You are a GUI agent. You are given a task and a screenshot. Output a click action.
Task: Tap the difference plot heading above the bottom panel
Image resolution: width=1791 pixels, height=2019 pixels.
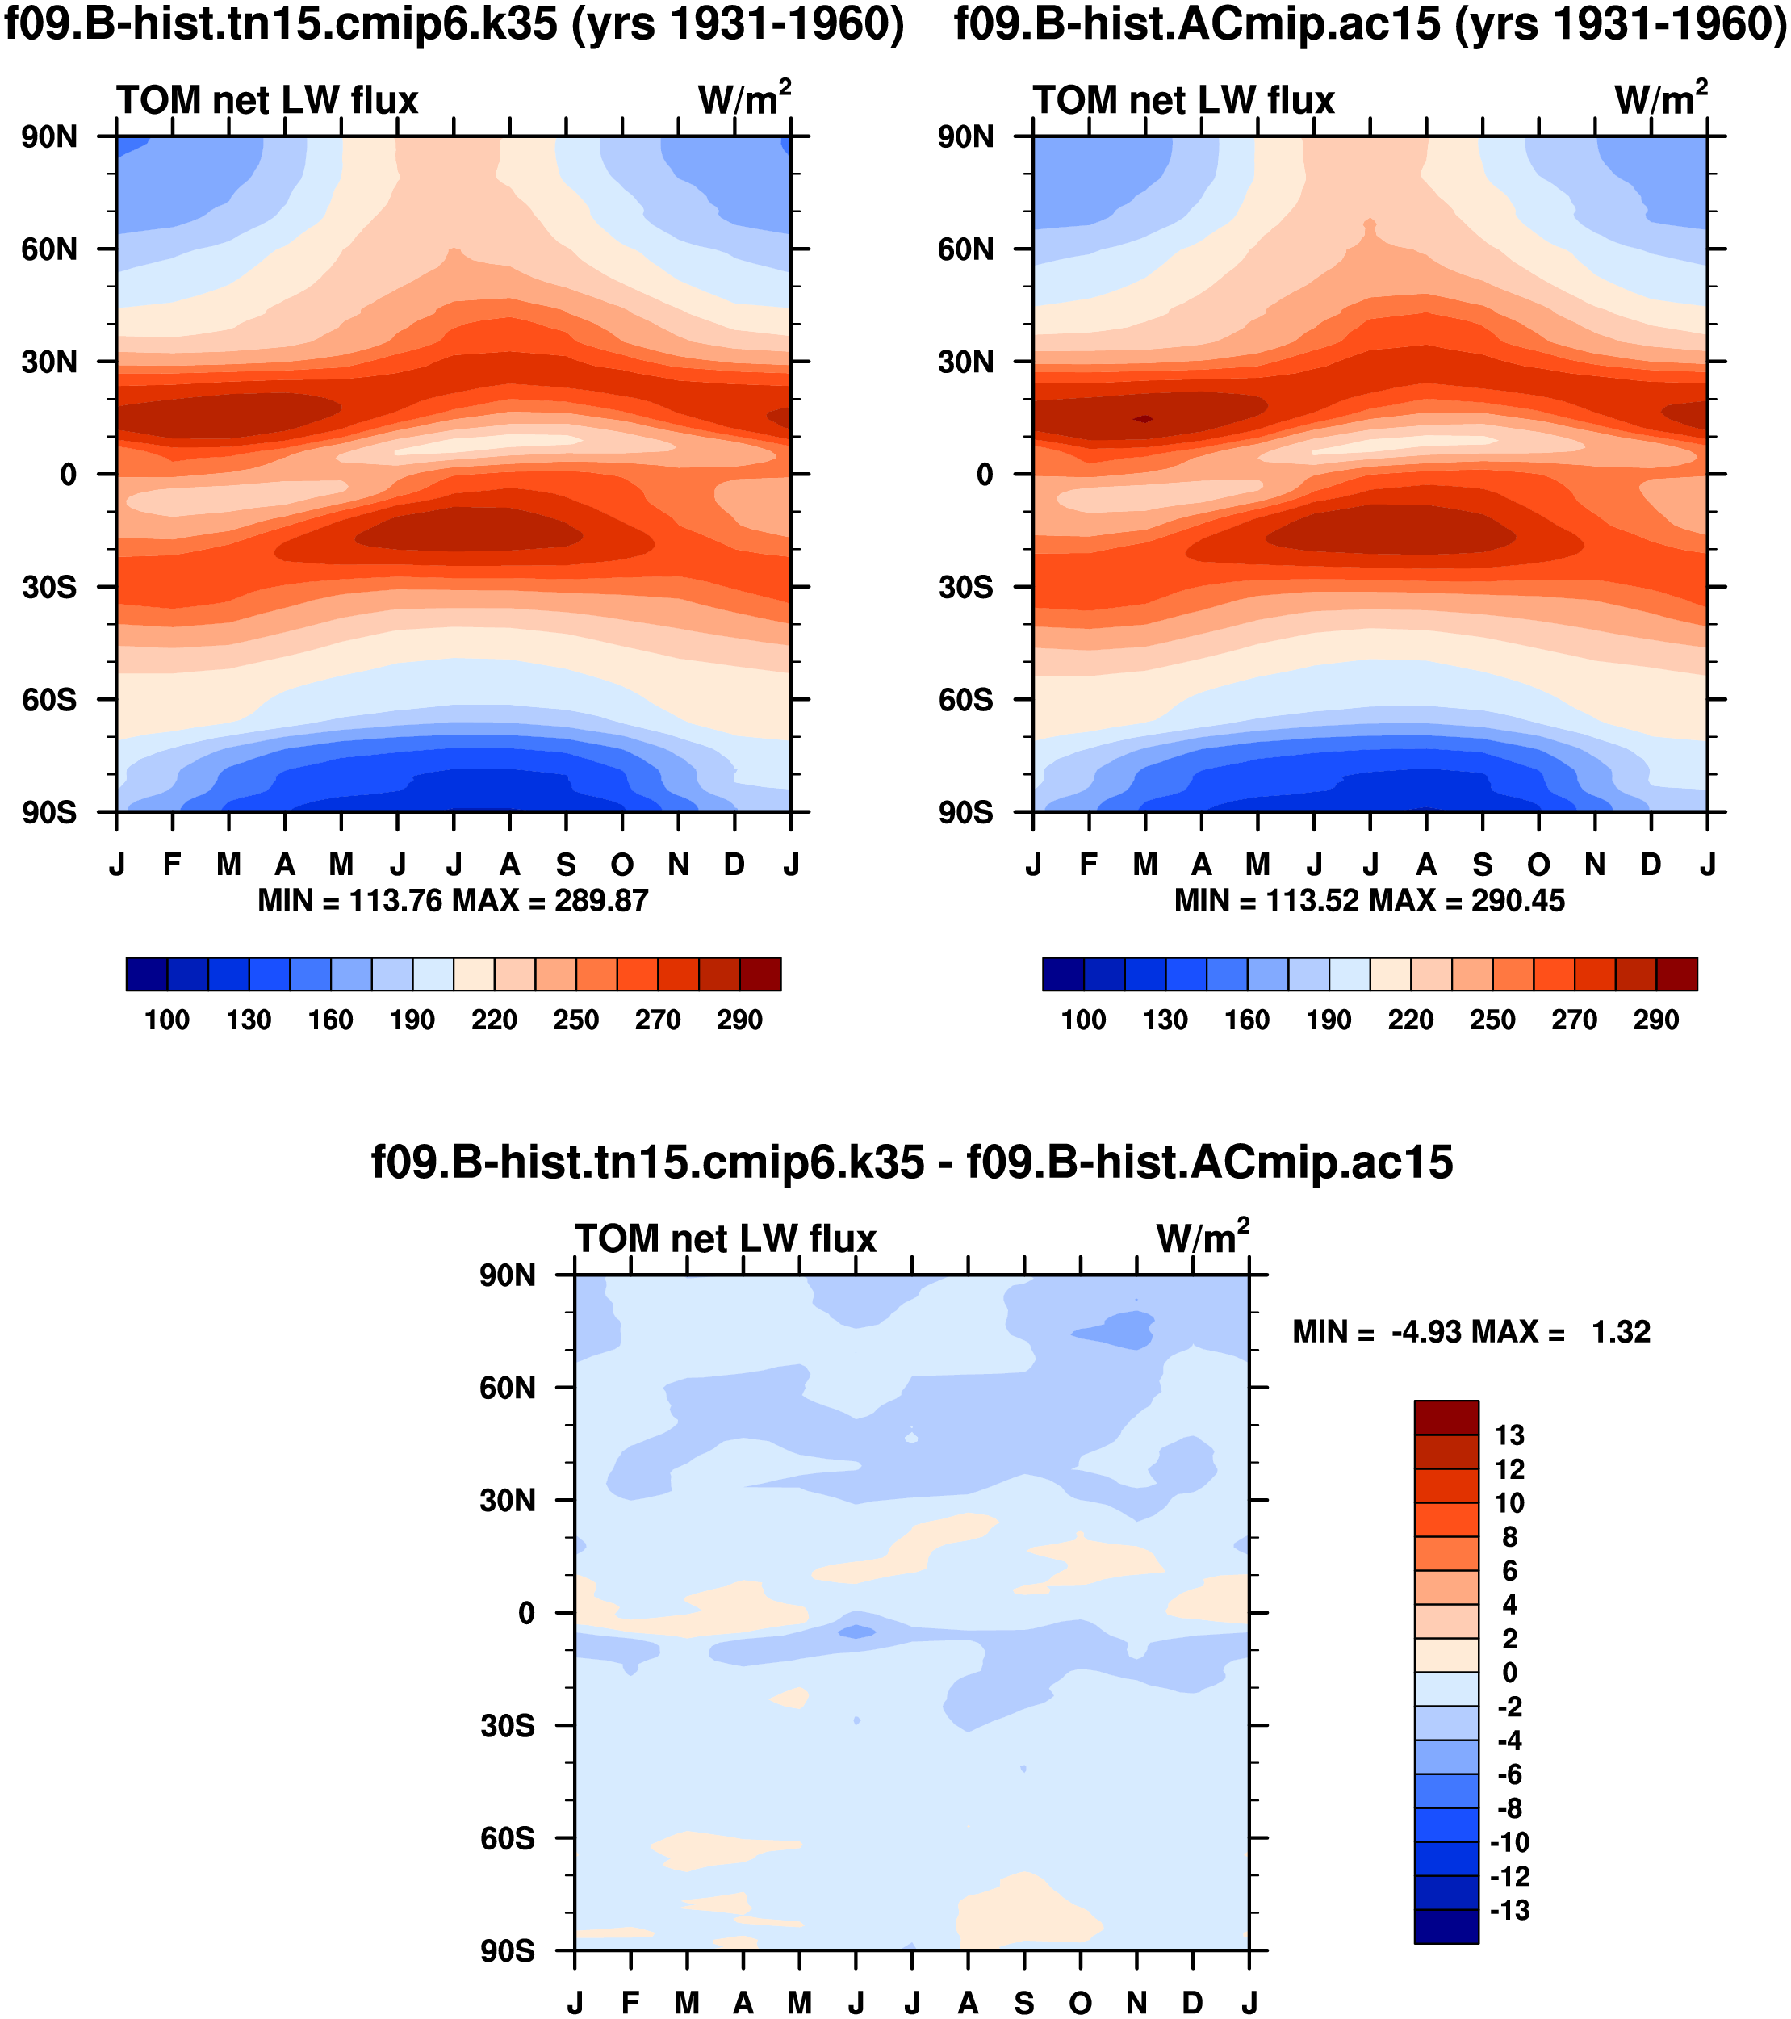coord(911,1162)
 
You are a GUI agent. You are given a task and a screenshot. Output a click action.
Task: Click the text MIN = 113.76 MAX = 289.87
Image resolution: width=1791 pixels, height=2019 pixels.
coord(453,901)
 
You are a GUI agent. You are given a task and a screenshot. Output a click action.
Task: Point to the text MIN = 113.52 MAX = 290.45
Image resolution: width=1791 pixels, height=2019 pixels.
coord(1370,901)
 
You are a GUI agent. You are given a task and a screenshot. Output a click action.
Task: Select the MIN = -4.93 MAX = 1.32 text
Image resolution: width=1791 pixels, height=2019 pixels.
coord(1471,1333)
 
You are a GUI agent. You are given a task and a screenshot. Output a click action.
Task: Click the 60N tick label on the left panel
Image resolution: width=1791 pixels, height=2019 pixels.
coord(49,249)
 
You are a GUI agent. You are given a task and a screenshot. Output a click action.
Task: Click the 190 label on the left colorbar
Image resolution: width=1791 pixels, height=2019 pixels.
coord(412,1020)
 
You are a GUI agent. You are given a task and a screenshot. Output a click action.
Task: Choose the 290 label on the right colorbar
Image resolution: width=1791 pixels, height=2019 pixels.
coord(1655,1020)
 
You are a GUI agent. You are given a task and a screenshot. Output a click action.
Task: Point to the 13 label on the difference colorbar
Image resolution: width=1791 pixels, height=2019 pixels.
coord(1509,1435)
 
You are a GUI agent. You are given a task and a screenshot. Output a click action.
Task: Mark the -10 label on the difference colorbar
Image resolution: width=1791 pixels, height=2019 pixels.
coord(1509,1842)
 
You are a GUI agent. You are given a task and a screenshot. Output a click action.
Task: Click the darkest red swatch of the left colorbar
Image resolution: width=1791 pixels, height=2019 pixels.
coord(760,974)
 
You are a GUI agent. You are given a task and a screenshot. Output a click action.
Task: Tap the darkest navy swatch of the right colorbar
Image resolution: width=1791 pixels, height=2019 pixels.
coord(1063,974)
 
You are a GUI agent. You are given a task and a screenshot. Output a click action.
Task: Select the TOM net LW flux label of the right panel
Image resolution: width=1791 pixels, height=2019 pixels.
coord(1184,101)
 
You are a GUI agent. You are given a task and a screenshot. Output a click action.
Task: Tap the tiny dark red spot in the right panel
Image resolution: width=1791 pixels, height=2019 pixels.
coord(1144,420)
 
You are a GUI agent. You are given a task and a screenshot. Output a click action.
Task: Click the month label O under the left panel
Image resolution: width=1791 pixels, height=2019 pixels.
coord(622,865)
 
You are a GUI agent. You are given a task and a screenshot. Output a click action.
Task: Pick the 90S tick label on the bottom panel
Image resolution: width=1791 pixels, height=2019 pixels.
coord(508,1951)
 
